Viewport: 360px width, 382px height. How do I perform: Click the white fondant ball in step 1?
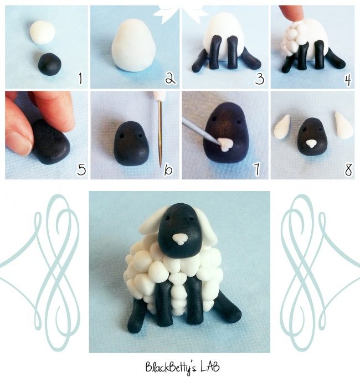(x=43, y=33)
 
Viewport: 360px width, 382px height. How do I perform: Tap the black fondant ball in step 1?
(x=50, y=64)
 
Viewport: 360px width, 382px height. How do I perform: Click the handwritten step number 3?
(x=260, y=79)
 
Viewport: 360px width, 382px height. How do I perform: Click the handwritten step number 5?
(x=81, y=169)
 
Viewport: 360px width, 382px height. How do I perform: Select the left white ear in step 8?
(x=282, y=127)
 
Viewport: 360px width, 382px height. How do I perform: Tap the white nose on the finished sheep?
(x=180, y=239)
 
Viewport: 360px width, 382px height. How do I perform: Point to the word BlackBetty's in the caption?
(x=170, y=368)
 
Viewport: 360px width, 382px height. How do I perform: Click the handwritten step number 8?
(x=348, y=169)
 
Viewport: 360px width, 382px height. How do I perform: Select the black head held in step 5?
(x=50, y=142)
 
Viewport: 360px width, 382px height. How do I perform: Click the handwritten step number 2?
(x=170, y=79)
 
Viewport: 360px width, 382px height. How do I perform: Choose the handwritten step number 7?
(x=257, y=169)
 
